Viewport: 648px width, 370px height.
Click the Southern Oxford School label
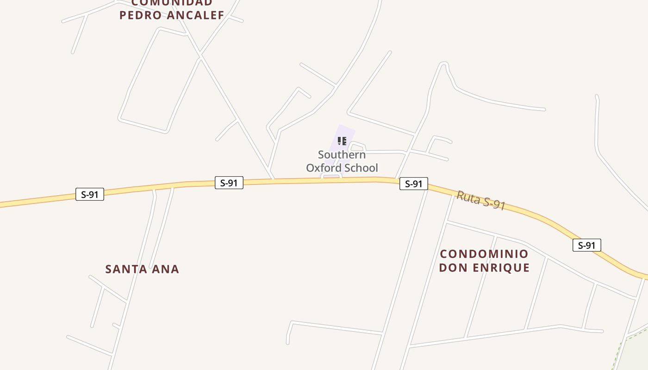coord(342,161)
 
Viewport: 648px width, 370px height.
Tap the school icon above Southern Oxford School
coord(342,141)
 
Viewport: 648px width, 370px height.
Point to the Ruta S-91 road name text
coord(480,200)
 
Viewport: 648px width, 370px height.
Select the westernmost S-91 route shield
coord(90,194)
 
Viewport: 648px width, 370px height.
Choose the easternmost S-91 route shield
coord(586,245)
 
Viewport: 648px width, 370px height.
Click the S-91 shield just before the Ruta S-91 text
coord(413,184)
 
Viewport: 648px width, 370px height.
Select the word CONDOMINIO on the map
coord(484,254)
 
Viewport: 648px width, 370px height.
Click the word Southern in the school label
coord(342,154)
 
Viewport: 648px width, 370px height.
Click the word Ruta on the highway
coord(468,197)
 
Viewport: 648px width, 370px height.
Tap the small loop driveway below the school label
coord(331,176)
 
